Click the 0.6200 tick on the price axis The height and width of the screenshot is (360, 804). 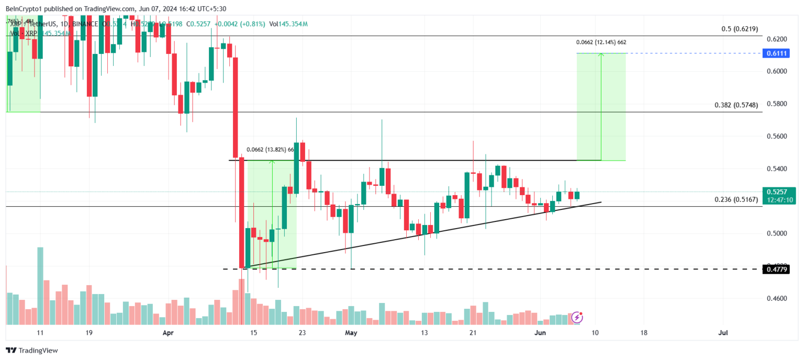pyautogui.click(x=774, y=39)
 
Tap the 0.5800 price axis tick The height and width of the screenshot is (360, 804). pyautogui.click(x=774, y=104)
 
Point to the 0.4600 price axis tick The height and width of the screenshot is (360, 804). pyautogui.click(x=774, y=298)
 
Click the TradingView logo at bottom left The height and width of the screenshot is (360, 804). pyautogui.click(x=32, y=351)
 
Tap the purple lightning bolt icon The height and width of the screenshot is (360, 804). pyautogui.click(x=577, y=317)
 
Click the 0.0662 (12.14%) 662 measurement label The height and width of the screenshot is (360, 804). pyautogui.click(x=601, y=42)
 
